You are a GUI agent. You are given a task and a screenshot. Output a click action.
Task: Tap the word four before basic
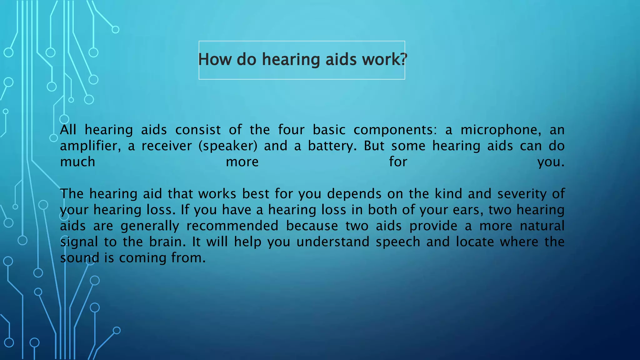291,130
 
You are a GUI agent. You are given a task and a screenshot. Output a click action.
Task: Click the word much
77,162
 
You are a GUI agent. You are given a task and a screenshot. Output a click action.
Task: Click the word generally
150,226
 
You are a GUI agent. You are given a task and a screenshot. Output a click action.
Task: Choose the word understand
333,242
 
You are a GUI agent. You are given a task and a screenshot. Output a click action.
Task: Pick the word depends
354,194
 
